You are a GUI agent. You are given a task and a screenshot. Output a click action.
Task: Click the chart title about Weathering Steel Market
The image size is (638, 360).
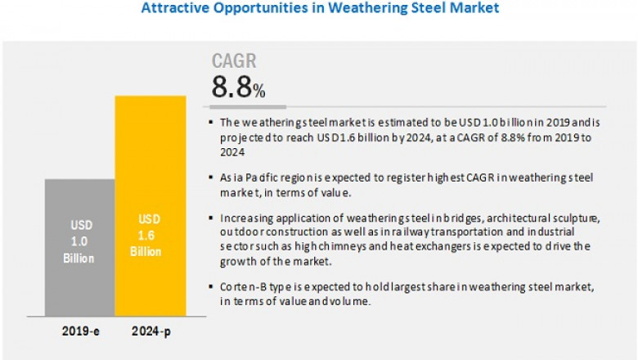(x=320, y=9)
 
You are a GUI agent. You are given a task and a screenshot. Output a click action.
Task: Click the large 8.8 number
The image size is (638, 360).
(x=231, y=88)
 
